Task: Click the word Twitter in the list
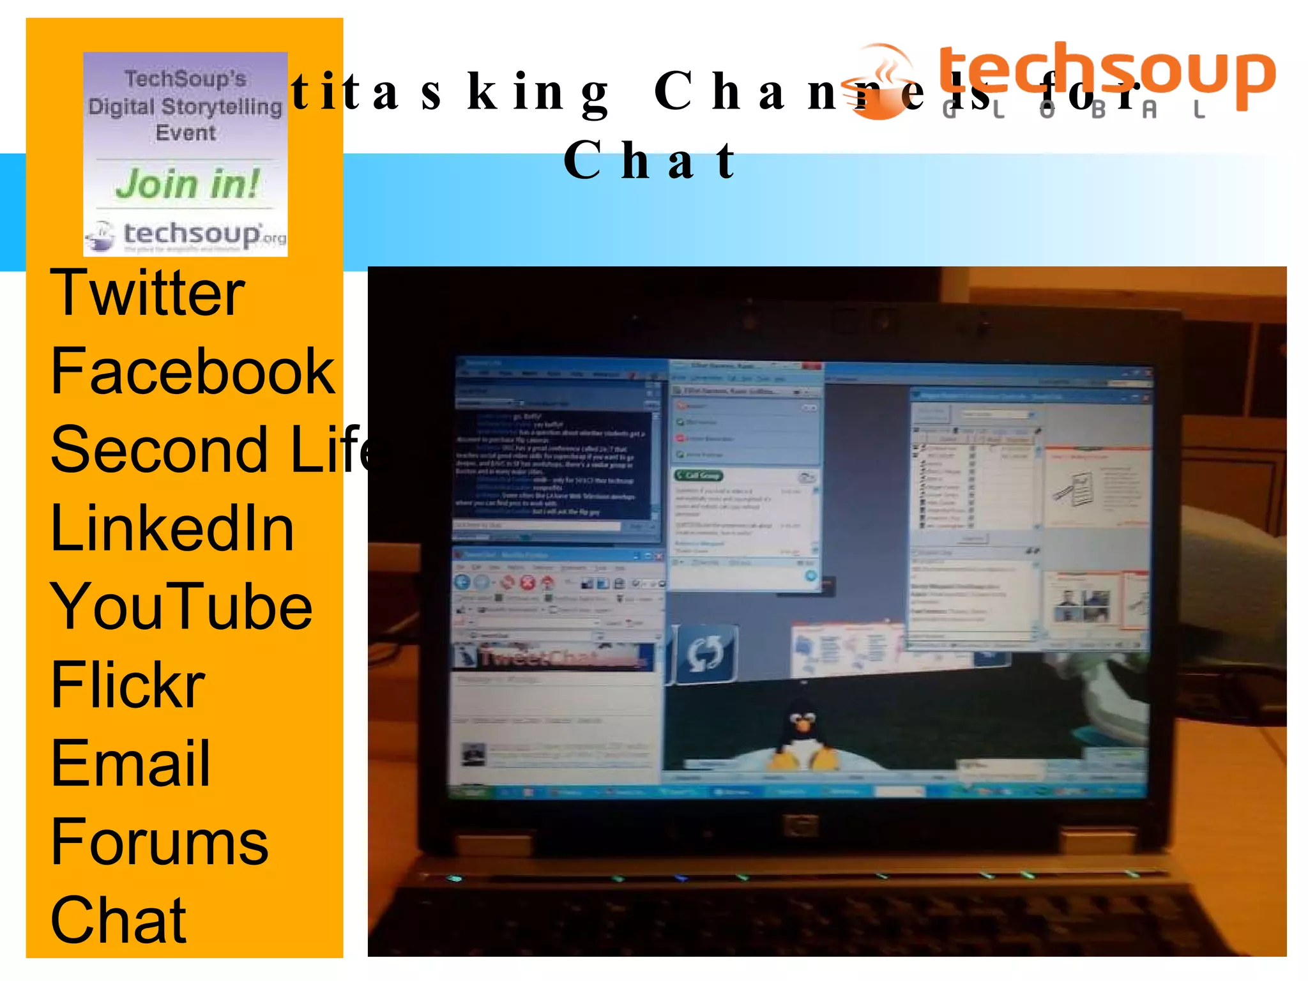click(x=148, y=293)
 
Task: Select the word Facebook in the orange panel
click(x=192, y=372)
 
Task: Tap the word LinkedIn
click(x=172, y=528)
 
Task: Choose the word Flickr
click(x=128, y=685)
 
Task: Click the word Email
click(x=130, y=764)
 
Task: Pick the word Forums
click(x=160, y=842)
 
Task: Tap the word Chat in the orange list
click(x=119, y=920)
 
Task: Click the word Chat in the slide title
click(x=650, y=160)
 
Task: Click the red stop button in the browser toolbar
click(x=528, y=582)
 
